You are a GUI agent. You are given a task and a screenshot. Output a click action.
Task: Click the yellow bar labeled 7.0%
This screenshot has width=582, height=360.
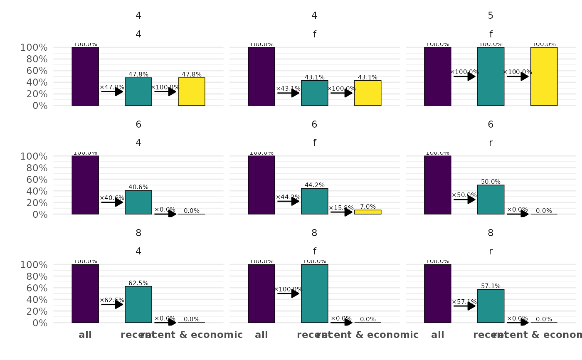(367, 212)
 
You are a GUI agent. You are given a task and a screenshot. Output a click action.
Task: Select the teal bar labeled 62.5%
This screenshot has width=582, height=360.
(138, 304)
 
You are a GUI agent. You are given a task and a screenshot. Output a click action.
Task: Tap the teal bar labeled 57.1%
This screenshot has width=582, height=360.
(491, 306)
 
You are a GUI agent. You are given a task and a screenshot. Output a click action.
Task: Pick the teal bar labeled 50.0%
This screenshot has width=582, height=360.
(491, 200)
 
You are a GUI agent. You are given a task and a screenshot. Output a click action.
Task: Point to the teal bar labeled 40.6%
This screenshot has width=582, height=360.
(138, 202)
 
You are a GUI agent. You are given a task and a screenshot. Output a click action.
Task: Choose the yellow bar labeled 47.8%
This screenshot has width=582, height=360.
(192, 91)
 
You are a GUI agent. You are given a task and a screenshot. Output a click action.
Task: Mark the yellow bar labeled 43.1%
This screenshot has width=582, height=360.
(367, 93)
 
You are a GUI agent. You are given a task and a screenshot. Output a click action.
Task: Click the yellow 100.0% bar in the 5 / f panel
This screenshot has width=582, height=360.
(544, 76)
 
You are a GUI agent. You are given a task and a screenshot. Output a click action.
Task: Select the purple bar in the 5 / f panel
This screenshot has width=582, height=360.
(437, 76)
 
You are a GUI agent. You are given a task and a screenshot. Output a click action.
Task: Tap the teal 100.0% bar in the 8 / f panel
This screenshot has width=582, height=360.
(315, 293)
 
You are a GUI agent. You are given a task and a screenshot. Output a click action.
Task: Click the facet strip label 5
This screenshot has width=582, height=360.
(491, 16)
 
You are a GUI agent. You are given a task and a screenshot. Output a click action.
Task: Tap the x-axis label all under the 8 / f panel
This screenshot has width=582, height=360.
(261, 335)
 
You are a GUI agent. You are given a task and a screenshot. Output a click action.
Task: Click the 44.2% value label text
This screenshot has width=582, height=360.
(315, 185)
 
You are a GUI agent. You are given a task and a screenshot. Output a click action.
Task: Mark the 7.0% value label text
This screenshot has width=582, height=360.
(367, 207)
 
